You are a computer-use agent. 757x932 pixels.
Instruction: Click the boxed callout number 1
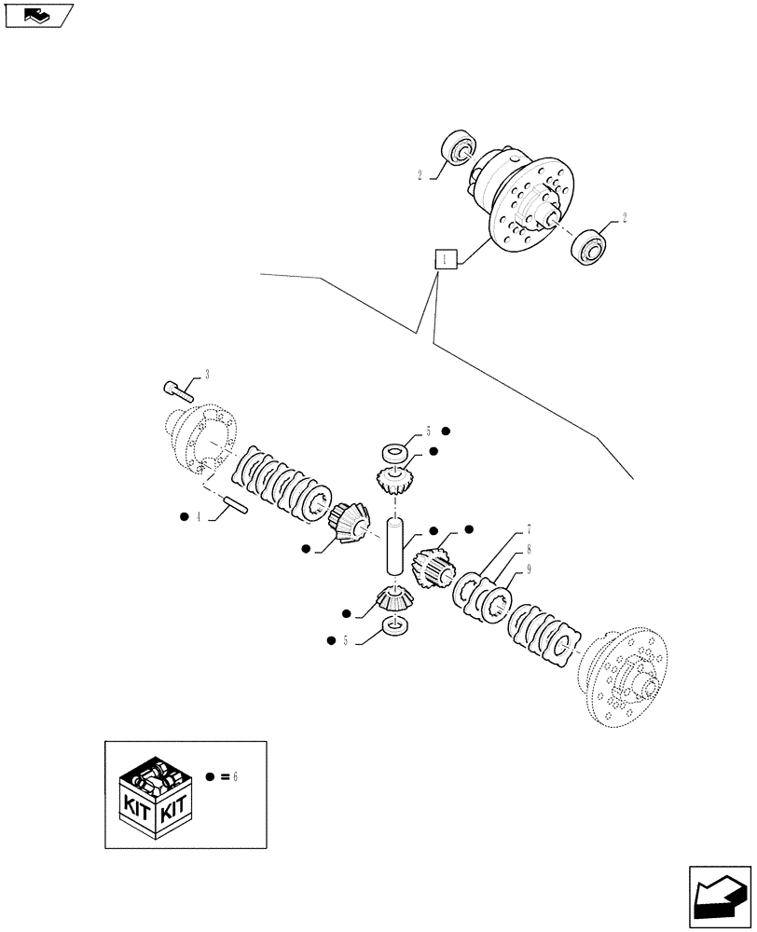[447, 260]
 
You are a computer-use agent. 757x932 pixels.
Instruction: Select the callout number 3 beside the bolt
[206, 374]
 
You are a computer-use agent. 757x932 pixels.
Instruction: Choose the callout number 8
[528, 549]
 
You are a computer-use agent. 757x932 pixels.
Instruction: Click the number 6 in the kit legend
[235, 776]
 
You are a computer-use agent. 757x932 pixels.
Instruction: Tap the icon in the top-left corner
[38, 15]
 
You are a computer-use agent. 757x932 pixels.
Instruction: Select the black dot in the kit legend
[212, 776]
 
